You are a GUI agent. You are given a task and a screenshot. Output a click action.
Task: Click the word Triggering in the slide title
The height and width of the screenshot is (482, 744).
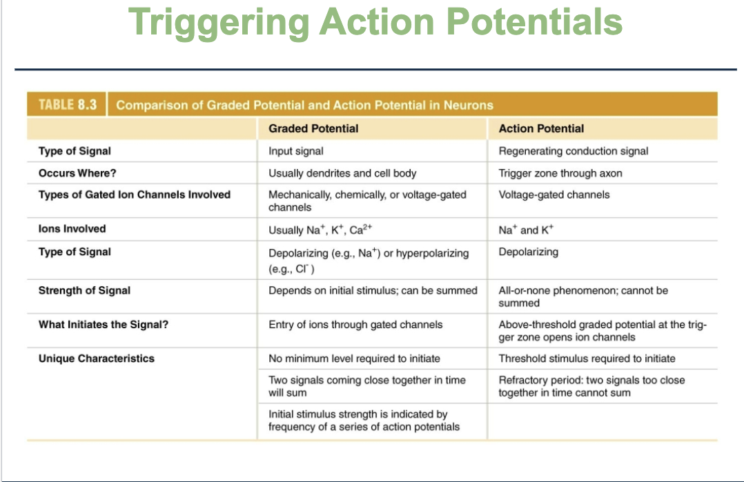[219, 23]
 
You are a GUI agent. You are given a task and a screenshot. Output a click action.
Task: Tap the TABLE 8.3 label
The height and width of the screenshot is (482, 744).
[68, 105]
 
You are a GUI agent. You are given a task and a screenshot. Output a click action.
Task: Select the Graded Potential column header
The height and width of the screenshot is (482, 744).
[313, 128]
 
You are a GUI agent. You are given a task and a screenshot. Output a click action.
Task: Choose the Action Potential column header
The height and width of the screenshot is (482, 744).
[541, 128]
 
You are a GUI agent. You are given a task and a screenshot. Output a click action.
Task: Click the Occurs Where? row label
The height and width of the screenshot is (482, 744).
[77, 173]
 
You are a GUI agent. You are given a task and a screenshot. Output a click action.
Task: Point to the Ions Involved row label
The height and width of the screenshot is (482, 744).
[72, 228]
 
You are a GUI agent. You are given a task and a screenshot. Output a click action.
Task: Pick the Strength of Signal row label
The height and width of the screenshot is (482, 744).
[84, 290]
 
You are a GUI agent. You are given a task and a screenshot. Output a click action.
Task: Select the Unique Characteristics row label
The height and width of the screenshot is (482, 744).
[97, 359]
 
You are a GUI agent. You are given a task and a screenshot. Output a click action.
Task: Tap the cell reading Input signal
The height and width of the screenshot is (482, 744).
[295, 151]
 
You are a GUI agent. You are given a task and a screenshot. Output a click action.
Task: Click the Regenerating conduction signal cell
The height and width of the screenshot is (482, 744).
[573, 151]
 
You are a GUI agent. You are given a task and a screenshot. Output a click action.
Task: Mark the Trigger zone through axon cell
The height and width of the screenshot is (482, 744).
[560, 174]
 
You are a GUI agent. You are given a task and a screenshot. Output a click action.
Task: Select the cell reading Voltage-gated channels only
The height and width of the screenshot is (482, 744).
[554, 194]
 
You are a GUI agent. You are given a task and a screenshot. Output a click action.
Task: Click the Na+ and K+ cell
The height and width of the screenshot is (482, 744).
[526, 230]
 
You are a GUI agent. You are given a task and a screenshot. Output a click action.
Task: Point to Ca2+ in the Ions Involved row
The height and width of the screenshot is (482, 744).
[360, 230]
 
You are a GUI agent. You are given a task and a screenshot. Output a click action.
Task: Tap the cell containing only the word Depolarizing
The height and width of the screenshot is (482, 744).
[528, 252]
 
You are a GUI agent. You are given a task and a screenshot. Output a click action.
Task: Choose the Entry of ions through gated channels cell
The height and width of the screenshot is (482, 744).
[355, 325]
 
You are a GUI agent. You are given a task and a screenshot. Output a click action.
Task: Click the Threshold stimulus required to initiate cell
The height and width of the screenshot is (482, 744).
[587, 359]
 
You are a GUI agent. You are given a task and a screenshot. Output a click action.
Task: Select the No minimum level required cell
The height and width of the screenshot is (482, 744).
[354, 359]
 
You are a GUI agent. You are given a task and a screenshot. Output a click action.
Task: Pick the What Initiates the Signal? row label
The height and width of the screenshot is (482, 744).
[104, 325]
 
